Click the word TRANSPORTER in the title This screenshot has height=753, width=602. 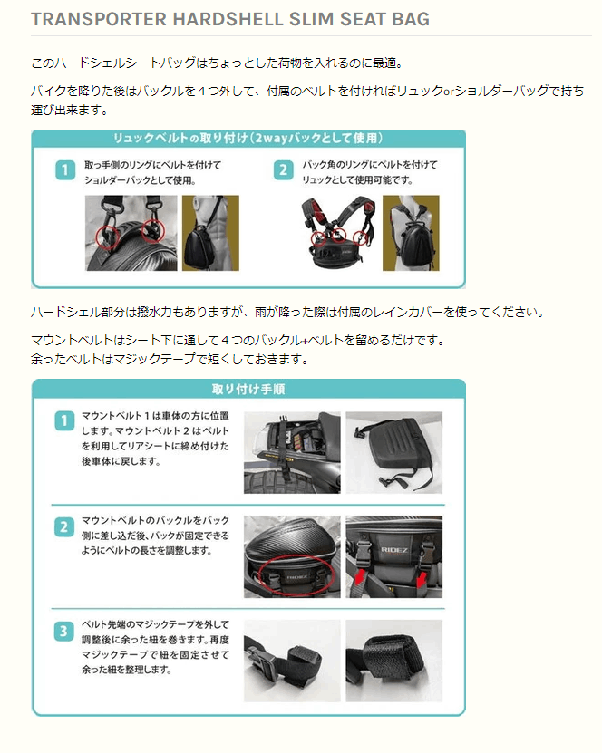[99, 19]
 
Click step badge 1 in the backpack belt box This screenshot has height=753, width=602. [65, 170]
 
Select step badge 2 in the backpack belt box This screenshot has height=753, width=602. [284, 170]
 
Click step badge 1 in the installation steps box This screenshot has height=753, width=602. [64, 420]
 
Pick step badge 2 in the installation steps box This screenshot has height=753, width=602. [64, 526]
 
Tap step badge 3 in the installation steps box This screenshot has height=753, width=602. [63, 631]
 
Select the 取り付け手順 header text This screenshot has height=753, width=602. [248, 389]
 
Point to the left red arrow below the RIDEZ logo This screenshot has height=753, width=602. [358, 576]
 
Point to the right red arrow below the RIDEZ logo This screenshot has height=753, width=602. [422, 579]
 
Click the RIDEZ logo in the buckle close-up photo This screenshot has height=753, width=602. [394, 549]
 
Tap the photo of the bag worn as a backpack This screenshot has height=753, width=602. [411, 233]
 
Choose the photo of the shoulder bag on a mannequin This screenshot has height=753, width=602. [210, 233]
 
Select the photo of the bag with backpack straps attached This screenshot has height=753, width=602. [338, 233]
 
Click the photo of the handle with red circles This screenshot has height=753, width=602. [131, 233]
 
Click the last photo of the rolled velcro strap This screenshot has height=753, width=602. [394, 661]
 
